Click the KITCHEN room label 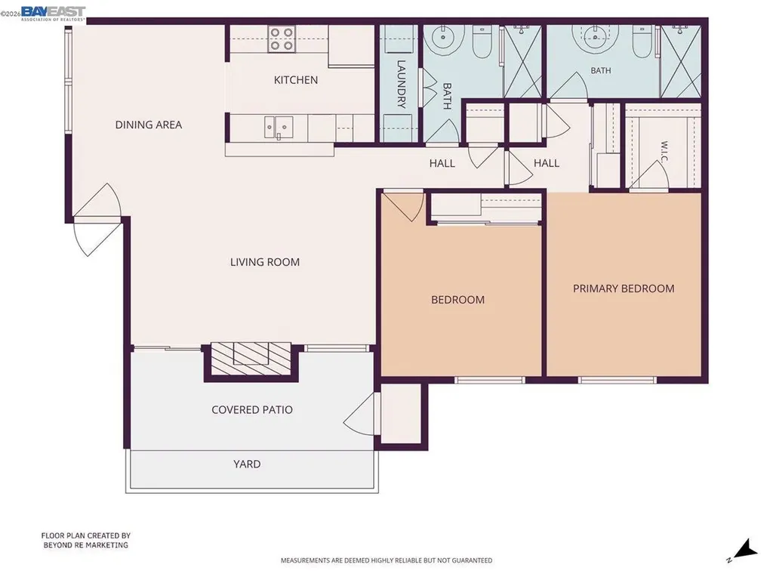coord(296,80)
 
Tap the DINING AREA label coord(149,125)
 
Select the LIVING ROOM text coord(265,262)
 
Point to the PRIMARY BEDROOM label coord(624,288)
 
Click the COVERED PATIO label coord(252,410)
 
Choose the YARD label coord(247,464)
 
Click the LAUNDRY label coord(401,85)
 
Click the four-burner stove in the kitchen coord(282,39)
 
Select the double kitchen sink coord(279,128)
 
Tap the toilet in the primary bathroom coord(642,43)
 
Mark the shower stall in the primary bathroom coord(680,61)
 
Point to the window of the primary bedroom coord(617,381)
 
